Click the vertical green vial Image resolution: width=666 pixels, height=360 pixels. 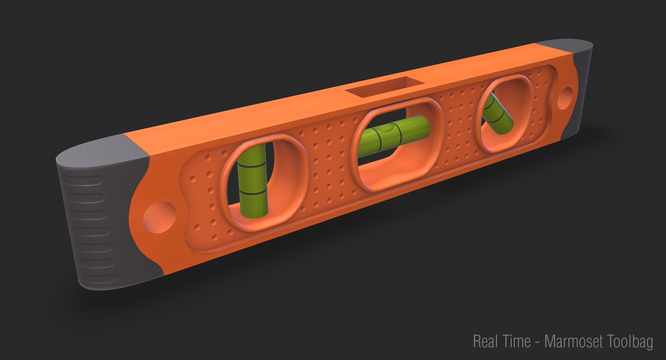pos(253,184)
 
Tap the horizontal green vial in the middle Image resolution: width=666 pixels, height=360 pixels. pos(395,134)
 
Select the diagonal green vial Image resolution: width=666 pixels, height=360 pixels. pos(497,114)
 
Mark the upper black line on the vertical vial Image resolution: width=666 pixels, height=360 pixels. pos(252,167)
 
